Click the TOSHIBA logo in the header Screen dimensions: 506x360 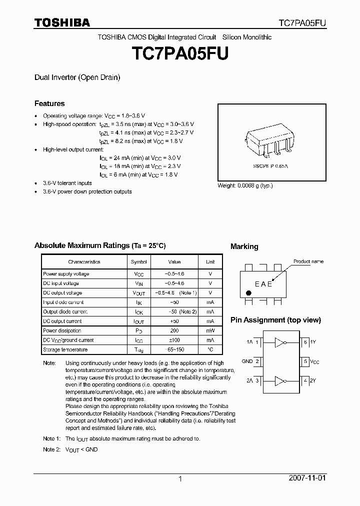62,23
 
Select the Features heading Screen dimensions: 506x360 49,103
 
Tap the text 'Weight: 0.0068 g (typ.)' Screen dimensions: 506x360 245,185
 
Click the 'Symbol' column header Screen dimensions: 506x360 138,262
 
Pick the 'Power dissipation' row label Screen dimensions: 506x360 62,331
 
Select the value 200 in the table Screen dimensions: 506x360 174,331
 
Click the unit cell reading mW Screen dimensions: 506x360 210,331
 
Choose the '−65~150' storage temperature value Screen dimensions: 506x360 174,350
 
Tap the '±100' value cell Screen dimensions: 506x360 174,340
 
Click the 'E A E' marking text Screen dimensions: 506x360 263,284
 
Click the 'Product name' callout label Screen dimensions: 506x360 308,261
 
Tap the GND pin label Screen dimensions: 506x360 247,361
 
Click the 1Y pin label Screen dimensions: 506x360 312,342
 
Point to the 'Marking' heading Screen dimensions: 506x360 244,246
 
